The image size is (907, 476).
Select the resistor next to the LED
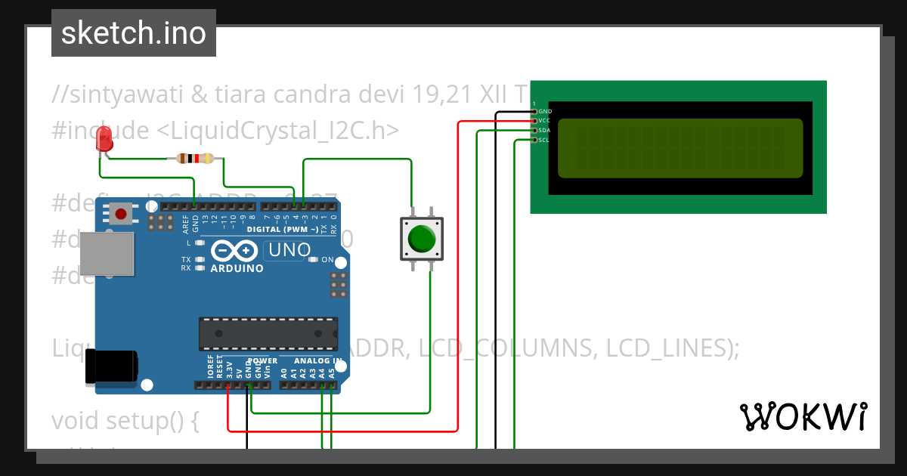[195, 159]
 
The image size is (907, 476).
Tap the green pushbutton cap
[421, 239]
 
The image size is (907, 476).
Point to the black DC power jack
[112, 366]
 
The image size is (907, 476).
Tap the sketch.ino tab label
[134, 33]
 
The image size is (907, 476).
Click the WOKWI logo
[803, 416]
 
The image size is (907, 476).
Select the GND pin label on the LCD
[545, 112]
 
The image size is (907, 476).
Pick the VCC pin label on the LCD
[545, 121]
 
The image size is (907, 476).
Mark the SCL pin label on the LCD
[545, 140]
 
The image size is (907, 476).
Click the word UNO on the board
[289, 250]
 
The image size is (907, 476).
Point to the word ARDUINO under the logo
[237, 268]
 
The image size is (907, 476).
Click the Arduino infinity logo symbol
[235, 251]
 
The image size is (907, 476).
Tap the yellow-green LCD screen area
[679, 148]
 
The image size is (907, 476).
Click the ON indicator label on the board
[328, 260]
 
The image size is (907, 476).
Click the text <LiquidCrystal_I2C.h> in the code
[277, 130]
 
